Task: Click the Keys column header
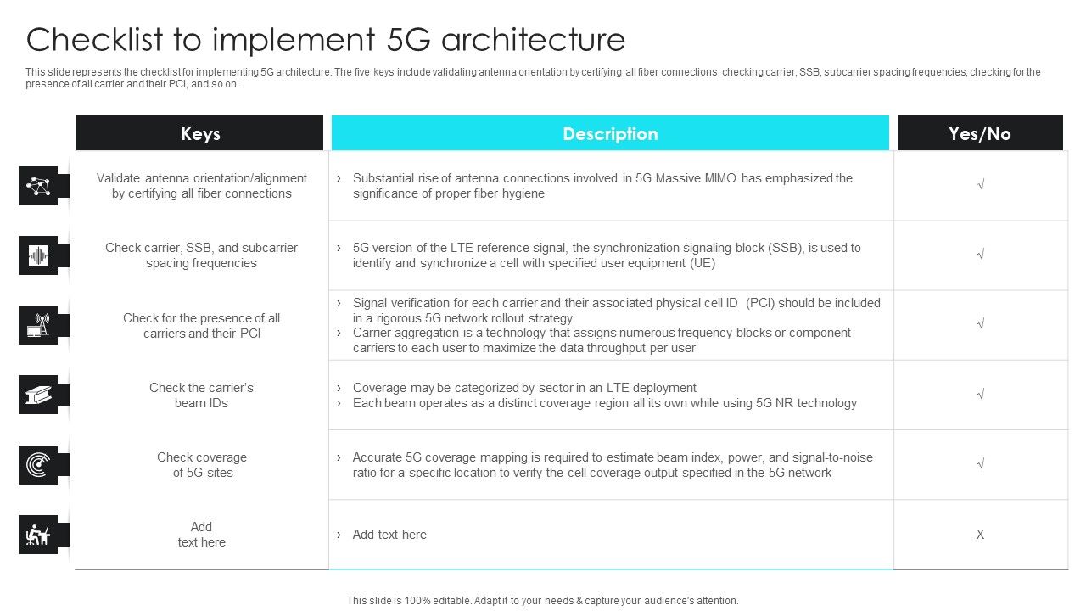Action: point(200,133)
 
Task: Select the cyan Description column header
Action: point(610,133)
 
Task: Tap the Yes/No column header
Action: point(980,133)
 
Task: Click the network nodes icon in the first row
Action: point(38,186)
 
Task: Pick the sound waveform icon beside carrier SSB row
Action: point(38,255)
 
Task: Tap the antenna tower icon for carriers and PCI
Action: point(38,325)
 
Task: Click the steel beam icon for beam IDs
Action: point(38,395)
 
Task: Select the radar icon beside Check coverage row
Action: point(38,465)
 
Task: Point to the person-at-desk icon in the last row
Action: point(38,535)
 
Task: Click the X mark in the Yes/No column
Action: point(980,535)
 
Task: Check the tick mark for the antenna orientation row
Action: point(980,186)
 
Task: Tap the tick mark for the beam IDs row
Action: point(980,395)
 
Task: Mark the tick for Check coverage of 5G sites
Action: point(980,465)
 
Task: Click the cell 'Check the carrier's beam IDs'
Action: point(201,395)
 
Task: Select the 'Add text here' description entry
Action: point(389,535)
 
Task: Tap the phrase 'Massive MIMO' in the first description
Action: point(696,178)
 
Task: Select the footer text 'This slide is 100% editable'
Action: point(415,600)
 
